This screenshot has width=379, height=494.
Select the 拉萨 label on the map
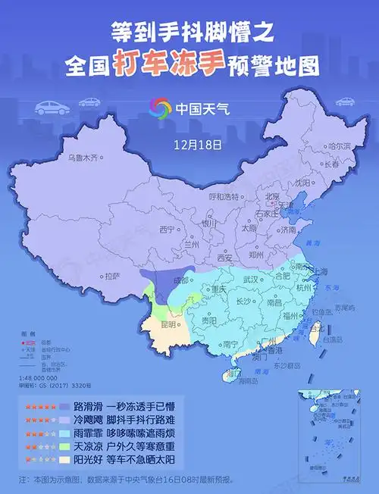112,276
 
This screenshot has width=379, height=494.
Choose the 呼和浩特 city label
226,195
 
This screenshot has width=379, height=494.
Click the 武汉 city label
250,280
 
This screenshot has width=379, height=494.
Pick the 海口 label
236,374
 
